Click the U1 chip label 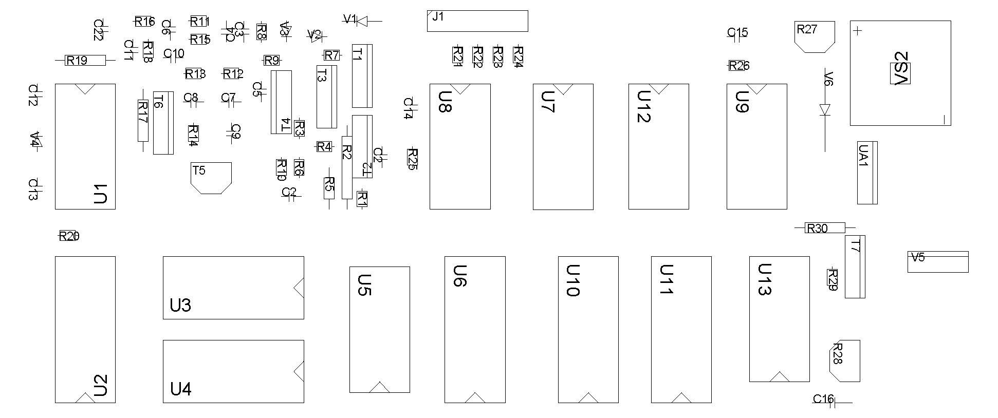[101, 194]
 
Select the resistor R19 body [85, 61]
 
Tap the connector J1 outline [477, 21]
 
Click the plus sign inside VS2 [857, 31]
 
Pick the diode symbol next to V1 [362, 21]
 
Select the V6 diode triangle [825, 109]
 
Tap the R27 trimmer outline [814, 36]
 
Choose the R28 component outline [844, 360]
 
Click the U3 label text [180, 306]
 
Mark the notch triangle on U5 [380, 387]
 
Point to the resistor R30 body [824, 227]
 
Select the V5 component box [937, 261]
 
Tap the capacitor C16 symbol [833, 402]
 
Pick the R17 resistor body [143, 120]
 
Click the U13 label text [765, 280]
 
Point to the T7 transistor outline [855, 267]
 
